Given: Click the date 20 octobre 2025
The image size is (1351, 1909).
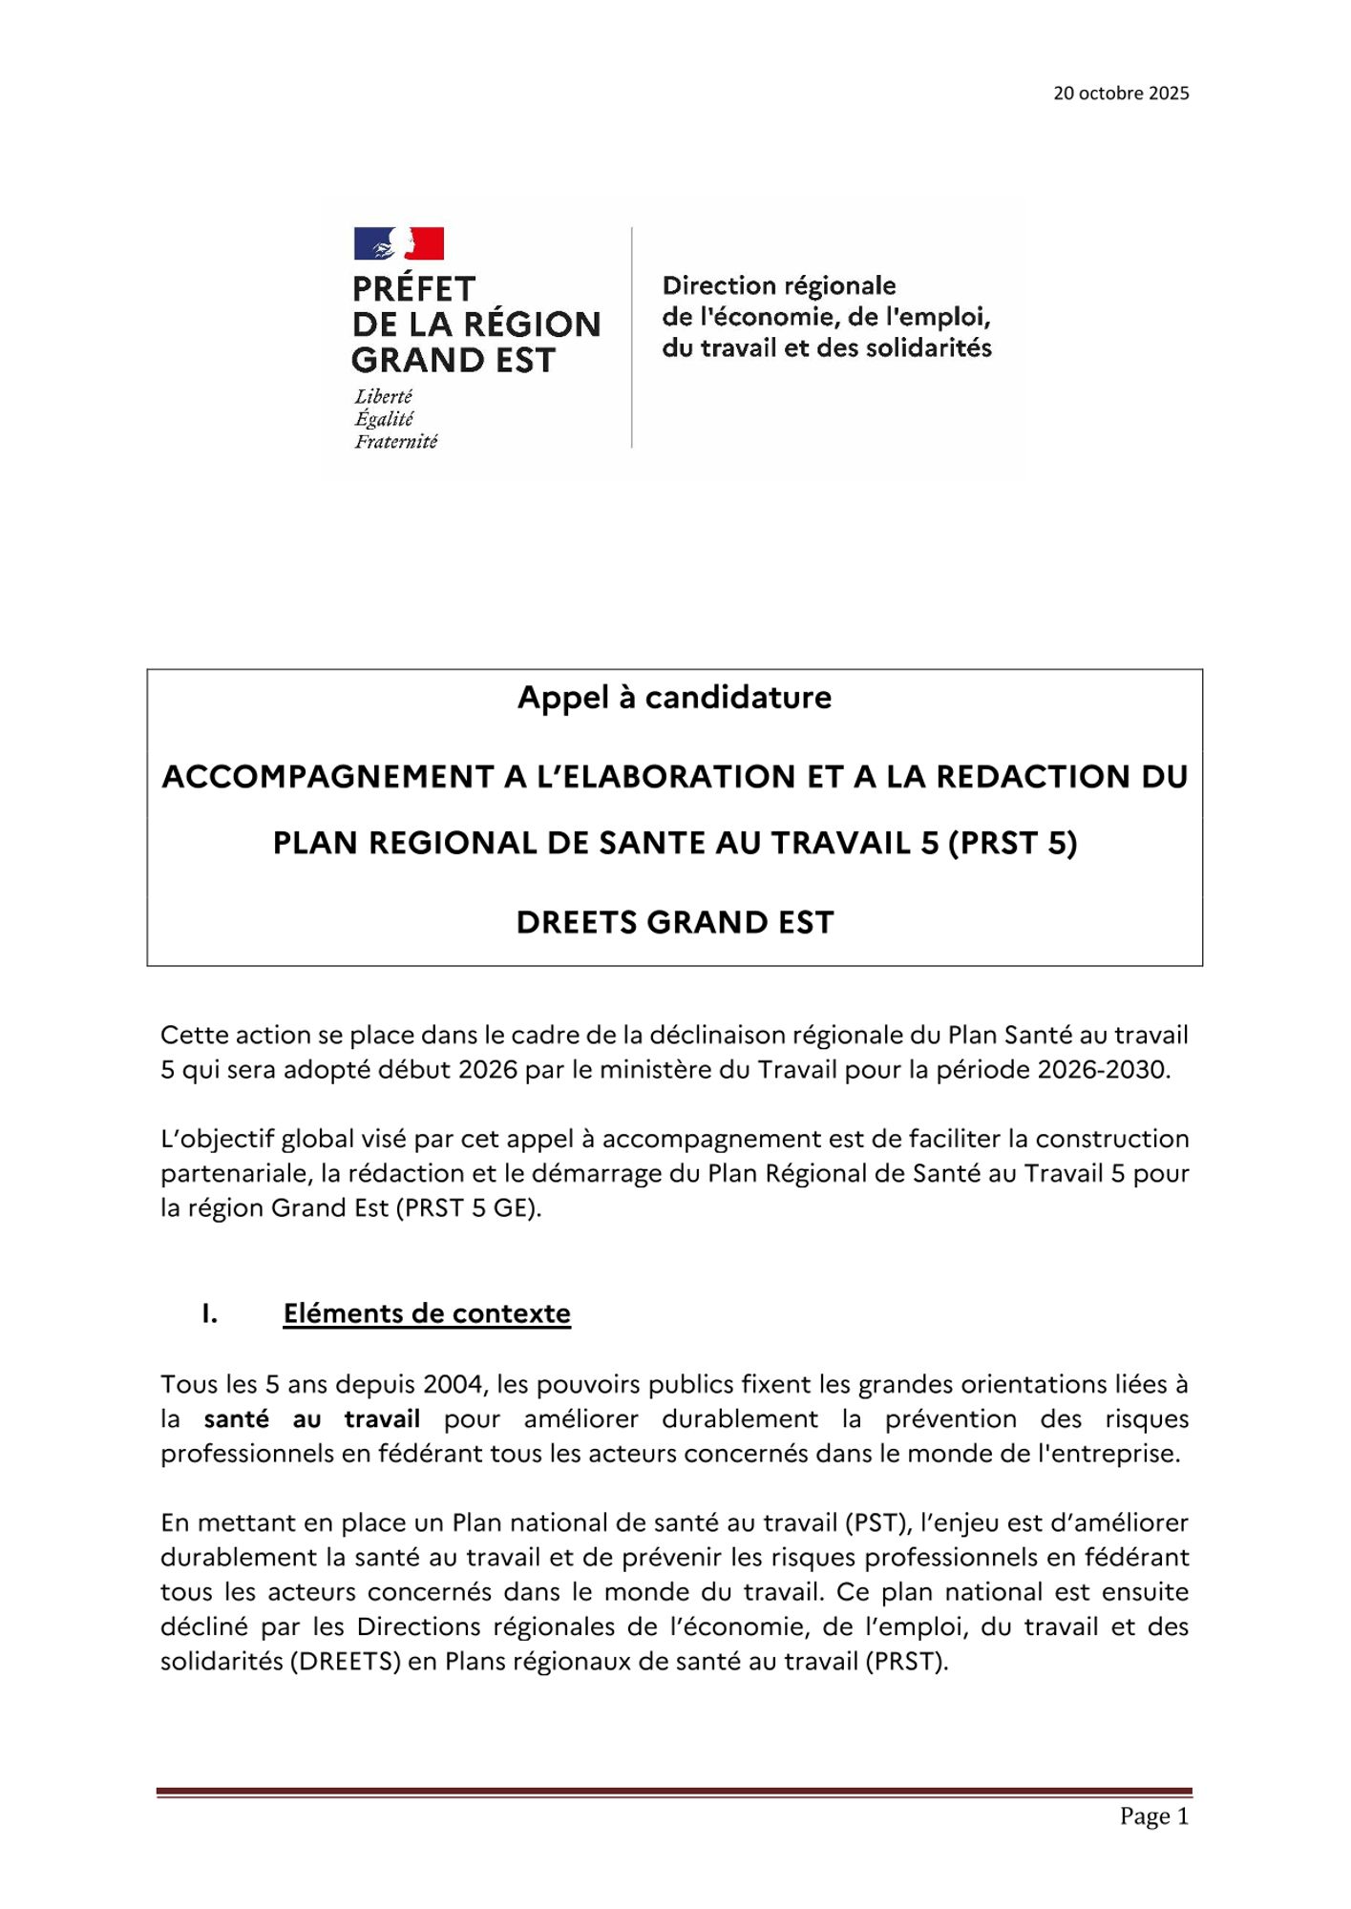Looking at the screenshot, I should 1121,94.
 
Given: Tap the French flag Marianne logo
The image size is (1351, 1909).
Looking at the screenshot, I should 398,243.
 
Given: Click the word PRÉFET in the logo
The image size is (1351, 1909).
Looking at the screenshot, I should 413,289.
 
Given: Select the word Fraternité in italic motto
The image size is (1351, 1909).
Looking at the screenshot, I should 395,442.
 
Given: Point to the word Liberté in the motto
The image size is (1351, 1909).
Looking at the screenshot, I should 383,396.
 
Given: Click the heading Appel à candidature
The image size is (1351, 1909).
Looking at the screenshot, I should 674,698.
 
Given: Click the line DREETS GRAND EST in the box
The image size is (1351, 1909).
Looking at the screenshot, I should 674,923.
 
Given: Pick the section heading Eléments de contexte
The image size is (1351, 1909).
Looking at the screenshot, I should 427,1313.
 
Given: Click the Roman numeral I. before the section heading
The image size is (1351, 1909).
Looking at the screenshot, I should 209,1313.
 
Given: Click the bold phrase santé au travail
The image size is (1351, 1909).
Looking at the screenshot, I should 311,1419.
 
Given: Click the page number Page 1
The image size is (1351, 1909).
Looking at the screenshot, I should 1153,1816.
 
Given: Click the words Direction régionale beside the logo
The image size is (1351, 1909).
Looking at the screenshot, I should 778,286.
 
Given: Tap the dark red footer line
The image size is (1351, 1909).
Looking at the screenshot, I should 674,1793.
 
